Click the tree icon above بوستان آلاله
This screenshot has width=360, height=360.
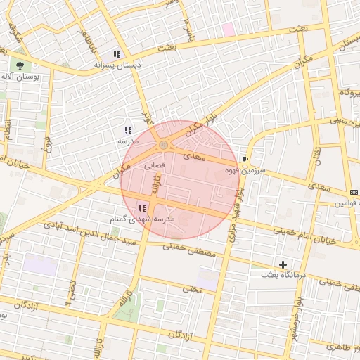19,65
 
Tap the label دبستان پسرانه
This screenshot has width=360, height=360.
117,64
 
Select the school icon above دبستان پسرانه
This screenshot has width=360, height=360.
117,54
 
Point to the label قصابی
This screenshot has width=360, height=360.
155,166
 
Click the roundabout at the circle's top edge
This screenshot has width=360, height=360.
163,145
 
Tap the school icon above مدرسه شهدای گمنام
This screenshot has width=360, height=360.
142,208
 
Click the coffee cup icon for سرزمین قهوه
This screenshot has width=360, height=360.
244,160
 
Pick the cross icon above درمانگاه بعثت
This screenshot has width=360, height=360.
283,264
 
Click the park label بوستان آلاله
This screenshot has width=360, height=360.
18,76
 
